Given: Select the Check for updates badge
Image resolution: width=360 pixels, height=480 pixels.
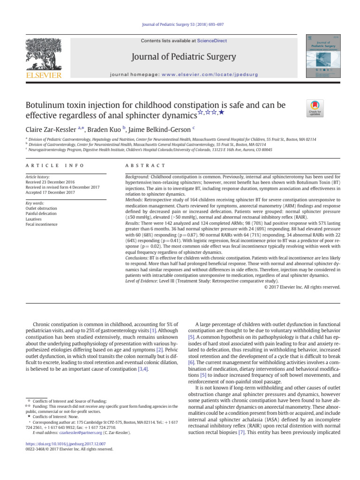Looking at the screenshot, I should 315,109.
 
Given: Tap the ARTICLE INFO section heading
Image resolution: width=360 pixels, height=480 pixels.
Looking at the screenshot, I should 55,165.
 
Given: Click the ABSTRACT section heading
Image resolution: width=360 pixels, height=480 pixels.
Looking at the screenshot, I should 145,165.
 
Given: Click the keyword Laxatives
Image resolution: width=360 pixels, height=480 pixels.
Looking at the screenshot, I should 35,219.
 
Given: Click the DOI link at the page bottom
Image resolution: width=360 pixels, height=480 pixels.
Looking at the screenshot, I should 65,443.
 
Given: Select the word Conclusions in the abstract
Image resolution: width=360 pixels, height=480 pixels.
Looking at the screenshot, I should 137,258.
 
